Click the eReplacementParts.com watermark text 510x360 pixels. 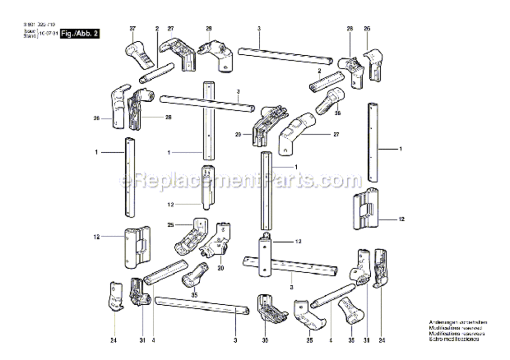pos(240,180)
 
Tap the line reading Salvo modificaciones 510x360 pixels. pos(454,339)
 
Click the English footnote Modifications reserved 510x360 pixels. pos(454,327)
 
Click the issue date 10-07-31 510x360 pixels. pos(49,35)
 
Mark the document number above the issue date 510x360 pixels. pos(38,24)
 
